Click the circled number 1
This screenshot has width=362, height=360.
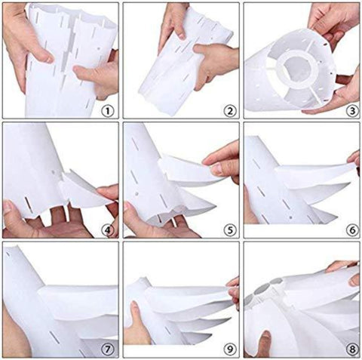(108, 111)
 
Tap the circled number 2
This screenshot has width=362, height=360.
(230, 111)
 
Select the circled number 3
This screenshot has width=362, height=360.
(352, 111)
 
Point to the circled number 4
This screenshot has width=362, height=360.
(108, 230)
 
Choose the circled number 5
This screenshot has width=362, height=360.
(230, 230)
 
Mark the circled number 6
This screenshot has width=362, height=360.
(352, 230)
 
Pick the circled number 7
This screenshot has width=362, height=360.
(108, 349)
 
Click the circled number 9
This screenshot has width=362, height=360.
(230, 349)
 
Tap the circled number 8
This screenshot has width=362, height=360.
(352, 349)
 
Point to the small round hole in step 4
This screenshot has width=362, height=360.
(53, 173)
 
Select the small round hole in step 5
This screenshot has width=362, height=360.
(137, 194)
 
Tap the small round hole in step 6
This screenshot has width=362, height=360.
(290, 217)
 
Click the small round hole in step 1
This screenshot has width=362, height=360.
(99, 48)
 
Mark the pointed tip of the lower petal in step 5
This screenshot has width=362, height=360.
(215, 208)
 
